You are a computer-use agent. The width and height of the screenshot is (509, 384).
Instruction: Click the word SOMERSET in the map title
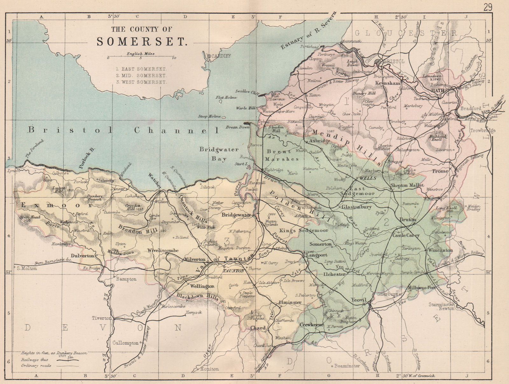click(x=141, y=42)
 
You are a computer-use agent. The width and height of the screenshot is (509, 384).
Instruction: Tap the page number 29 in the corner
click(x=488, y=7)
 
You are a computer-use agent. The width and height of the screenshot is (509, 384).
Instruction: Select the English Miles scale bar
click(x=141, y=58)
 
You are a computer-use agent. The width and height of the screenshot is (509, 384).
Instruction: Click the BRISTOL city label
click(x=394, y=61)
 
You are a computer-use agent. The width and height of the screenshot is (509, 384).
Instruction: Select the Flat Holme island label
click(x=226, y=98)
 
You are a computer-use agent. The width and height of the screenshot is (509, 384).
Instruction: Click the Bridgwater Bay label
click(x=219, y=154)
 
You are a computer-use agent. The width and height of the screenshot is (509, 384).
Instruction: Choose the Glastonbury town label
click(x=356, y=207)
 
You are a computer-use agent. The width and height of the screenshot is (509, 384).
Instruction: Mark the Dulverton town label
click(x=83, y=255)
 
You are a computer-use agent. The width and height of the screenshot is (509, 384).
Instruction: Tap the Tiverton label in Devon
click(x=102, y=318)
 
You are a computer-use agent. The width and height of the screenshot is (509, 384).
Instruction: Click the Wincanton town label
click(x=440, y=250)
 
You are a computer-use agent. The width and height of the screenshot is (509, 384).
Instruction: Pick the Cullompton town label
click(x=126, y=343)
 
